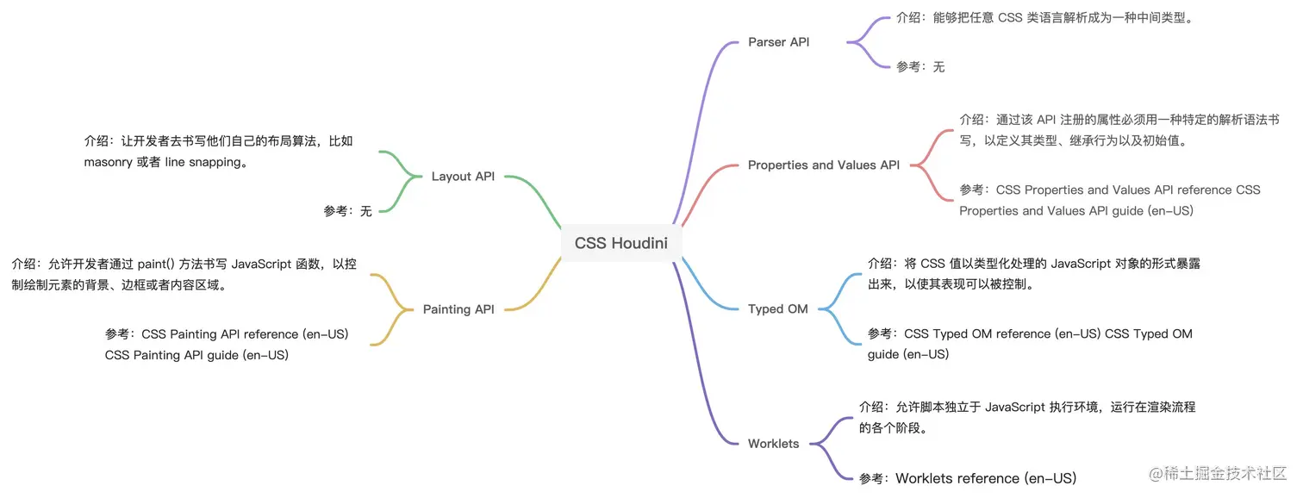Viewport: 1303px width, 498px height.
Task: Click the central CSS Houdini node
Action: (x=620, y=242)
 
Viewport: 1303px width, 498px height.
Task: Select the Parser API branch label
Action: (x=778, y=41)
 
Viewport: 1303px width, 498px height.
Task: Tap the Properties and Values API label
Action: (x=823, y=165)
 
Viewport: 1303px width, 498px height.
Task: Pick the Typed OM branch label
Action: (x=777, y=308)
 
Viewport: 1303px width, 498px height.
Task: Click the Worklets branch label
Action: (x=773, y=444)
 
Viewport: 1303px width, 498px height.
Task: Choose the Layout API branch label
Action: (x=463, y=177)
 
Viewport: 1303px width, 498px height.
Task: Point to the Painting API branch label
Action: (x=458, y=309)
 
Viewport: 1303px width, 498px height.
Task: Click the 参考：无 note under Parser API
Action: (x=920, y=66)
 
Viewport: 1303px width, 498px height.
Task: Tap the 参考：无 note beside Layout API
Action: (x=348, y=210)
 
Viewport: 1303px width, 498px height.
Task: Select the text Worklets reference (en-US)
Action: (x=986, y=478)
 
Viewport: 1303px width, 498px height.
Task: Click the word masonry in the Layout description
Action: (x=109, y=162)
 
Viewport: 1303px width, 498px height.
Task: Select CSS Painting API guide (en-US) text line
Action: (x=196, y=354)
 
